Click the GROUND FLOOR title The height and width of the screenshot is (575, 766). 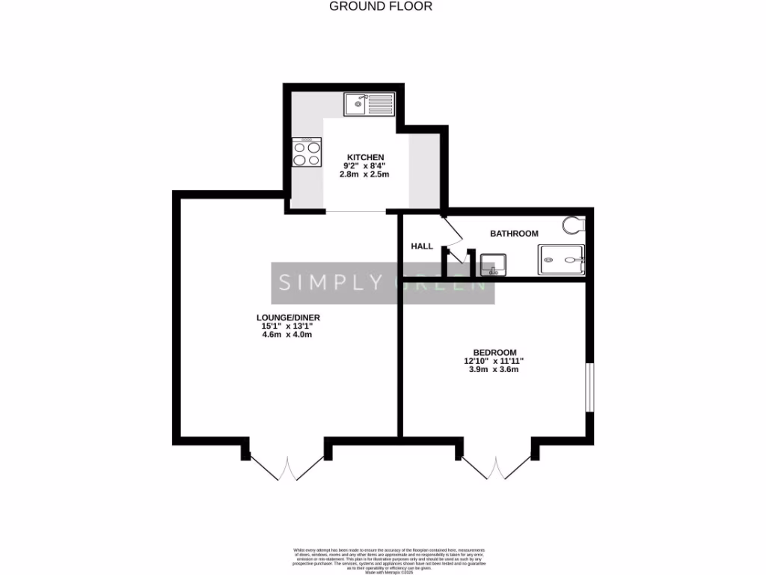click(x=382, y=7)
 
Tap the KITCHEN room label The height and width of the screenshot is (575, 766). click(x=365, y=156)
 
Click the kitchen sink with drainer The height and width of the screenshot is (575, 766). click(x=369, y=104)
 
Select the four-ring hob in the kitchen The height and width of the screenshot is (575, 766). click(x=307, y=153)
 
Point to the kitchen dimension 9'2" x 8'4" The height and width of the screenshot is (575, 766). click(x=365, y=165)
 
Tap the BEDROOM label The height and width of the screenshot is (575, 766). click(x=494, y=352)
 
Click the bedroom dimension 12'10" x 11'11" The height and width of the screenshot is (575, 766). click(x=494, y=361)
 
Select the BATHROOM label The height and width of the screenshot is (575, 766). click(x=514, y=234)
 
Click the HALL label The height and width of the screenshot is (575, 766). click(x=422, y=246)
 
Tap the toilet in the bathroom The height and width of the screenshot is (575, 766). click(x=574, y=225)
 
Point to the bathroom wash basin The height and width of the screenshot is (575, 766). click(x=493, y=264)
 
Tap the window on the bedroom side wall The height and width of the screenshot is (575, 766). click(x=589, y=387)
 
